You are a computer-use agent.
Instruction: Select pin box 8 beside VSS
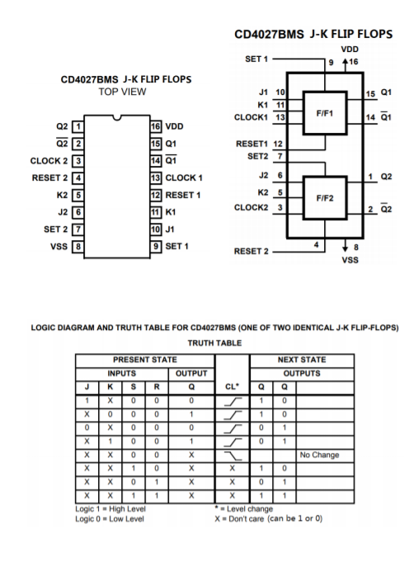coord(79,245)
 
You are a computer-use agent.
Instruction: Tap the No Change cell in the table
coord(320,454)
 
